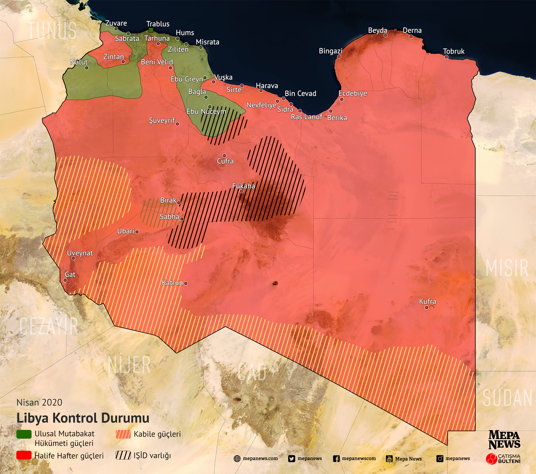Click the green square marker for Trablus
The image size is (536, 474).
151,30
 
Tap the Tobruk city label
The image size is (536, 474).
453,51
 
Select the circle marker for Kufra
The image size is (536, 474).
426,308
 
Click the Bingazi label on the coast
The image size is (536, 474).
330,51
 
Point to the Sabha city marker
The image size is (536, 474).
182,219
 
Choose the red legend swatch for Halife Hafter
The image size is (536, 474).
24,456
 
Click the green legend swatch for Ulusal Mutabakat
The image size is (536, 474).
24,434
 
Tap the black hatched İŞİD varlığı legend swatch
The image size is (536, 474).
123,456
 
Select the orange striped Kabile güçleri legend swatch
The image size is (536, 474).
123,434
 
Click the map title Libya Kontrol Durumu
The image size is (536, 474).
83,418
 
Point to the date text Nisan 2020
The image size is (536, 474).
39,402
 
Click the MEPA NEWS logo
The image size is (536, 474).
504,440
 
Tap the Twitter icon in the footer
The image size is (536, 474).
292,459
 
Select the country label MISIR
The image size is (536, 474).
507,268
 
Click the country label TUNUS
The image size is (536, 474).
52,31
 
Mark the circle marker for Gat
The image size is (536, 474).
65,280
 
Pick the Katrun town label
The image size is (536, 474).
172,283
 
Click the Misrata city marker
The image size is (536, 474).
200,47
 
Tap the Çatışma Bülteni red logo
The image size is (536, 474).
492,459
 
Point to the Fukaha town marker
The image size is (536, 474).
241,191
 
